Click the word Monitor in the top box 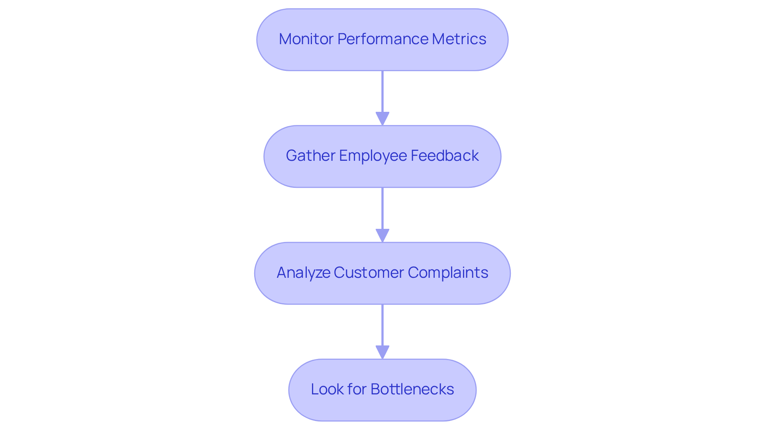point(306,39)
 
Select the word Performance point(382,39)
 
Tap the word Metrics point(459,39)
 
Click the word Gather point(310,156)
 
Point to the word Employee point(373,156)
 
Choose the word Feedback point(445,156)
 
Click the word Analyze point(303,273)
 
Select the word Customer point(369,273)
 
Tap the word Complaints point(448,273)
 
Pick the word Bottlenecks point(412,389)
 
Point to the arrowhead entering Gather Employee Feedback point(382,119)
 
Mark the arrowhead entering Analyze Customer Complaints point(382,236)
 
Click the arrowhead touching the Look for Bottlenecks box point(382,352)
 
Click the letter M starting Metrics point(438,39)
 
